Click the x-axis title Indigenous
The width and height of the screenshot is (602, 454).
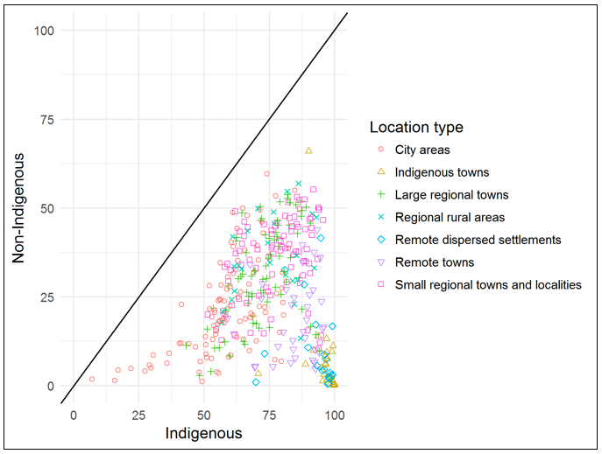tap(203, 432)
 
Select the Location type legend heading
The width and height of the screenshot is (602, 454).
tap(416, 128)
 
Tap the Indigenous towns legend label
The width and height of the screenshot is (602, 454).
tap(443, 172)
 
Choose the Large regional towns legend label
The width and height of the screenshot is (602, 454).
tap(451, 194)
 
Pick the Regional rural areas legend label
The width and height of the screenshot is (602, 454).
tap(450, 217)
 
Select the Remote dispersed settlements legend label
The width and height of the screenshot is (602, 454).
tap(478, 240)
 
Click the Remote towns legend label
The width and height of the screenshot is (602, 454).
tap(435, 262)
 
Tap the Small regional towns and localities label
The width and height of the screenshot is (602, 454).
tap(488, 284)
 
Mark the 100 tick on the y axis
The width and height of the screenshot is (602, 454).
tap(46, 31)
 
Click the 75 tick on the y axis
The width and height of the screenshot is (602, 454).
tap(49, 120)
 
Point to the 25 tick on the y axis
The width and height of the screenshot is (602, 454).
tap(49, 297)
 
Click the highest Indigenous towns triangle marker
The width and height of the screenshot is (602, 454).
tap(308, 150)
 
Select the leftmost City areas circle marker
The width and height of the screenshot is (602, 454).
tap(92, 379)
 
